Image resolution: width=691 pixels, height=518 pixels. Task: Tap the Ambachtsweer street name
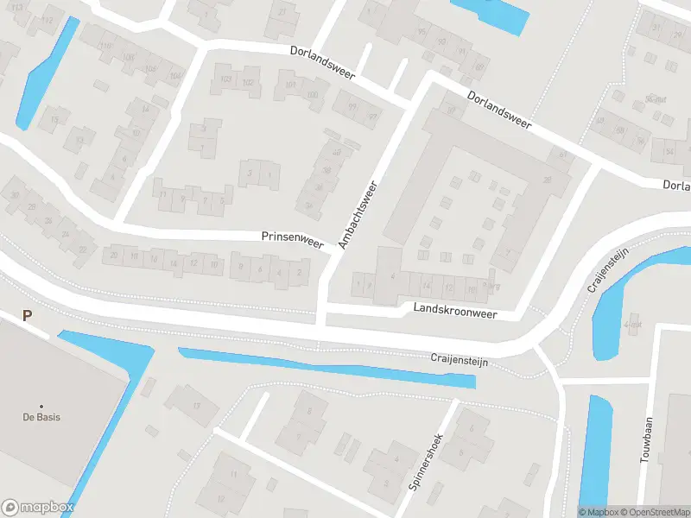pos(358,216)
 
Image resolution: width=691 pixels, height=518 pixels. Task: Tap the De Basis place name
pos(41,417)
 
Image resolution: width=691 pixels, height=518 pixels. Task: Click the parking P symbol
pos(28,316)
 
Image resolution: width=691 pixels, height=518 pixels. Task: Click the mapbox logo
pos(37,508)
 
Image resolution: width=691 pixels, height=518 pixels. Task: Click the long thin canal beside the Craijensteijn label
pos(328,368)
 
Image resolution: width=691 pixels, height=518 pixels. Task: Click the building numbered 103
pos(226,81)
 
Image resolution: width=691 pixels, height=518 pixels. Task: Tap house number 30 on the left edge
pos(15,195)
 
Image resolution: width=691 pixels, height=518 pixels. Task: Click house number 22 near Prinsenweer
pos(83,250)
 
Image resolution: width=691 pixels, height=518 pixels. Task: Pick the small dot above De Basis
pos(41,406)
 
